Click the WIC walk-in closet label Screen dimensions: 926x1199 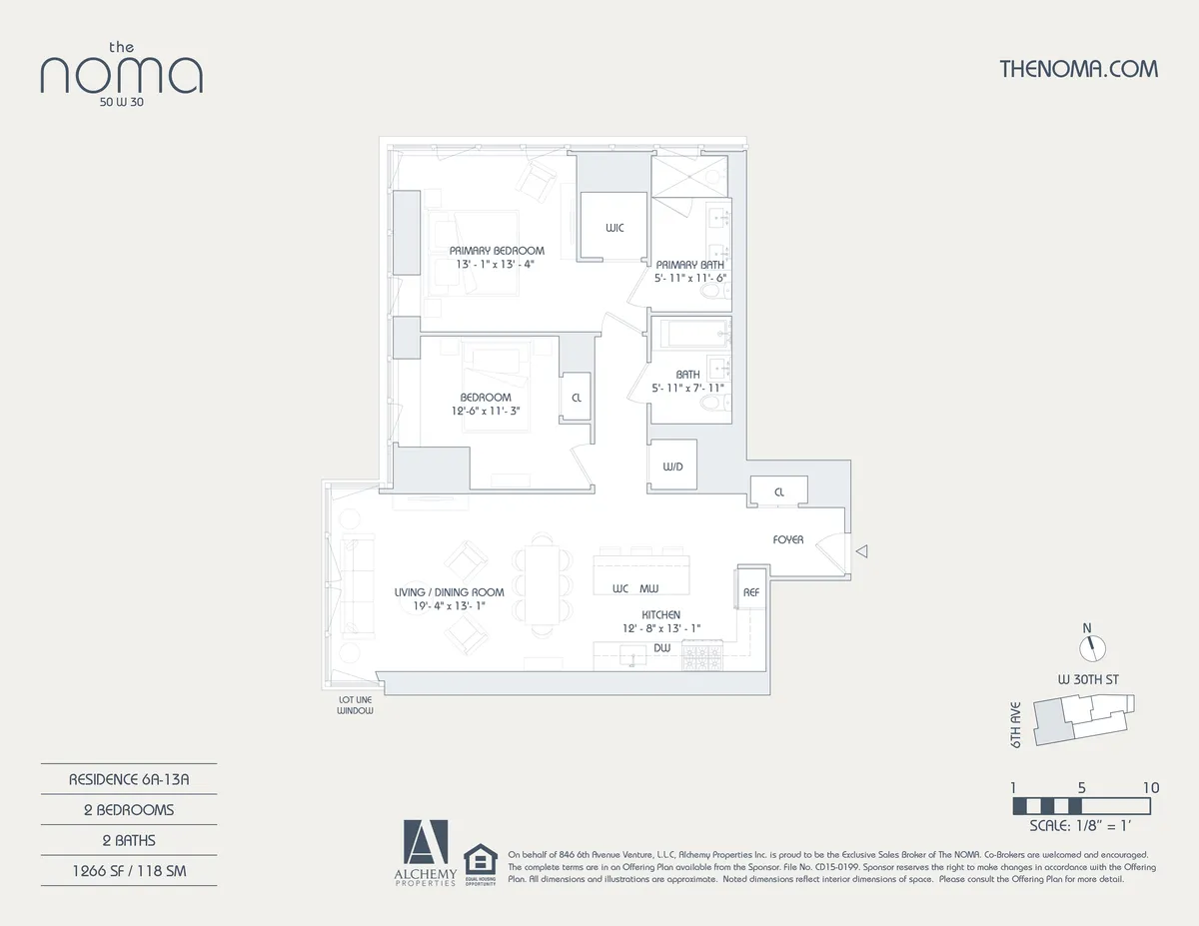tap(614, 229)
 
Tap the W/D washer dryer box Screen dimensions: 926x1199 tap(671, 466)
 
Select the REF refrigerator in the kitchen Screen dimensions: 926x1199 tap(751, 592)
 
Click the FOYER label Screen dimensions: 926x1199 tap(787, 540)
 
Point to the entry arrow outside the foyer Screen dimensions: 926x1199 tap(863, 550)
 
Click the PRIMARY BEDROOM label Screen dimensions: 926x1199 tap(497, 251)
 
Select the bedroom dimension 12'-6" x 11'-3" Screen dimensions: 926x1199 tap(486, 411)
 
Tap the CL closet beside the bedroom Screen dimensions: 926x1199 tap(577, 398)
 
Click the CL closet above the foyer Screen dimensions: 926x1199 tap(778, 491)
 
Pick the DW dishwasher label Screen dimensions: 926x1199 tap(661, 648)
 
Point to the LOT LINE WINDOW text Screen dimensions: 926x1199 tap(355, 705)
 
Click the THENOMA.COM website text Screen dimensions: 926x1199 tap(1078, 69)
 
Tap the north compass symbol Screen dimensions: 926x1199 tap(1094, 644)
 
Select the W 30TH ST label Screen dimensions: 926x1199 tap(1088, 679)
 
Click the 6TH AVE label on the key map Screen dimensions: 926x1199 tap(1015, 725)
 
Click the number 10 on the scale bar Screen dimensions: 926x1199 tap(1150, 787)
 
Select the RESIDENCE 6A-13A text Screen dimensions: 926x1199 tap(129, 779)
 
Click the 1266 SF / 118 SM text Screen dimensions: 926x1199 tap(129, 871)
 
